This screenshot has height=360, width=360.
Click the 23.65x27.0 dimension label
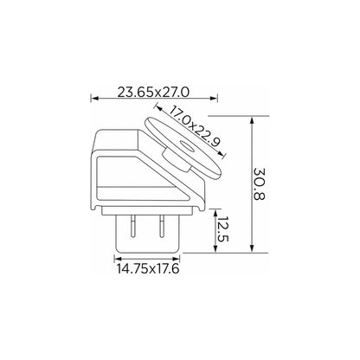coord(153,92)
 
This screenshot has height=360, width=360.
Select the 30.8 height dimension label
coord(259,184)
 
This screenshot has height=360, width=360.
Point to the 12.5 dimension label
coord(223,229)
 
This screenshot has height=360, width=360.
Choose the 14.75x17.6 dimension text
coord(148,268)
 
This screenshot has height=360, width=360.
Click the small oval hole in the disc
coord(187,146)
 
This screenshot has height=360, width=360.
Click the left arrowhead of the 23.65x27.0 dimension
coord(94,99)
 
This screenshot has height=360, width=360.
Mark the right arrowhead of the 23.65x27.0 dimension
coord(214,99)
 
